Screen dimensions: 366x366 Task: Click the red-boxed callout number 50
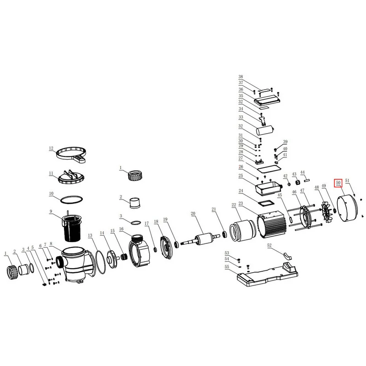click(x=339, y=183)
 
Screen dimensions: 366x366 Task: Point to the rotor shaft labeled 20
click(x=200, y=239)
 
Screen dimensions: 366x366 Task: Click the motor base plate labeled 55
click(x=268, y=274)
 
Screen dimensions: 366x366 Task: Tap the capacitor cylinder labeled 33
click(x=265, y=130)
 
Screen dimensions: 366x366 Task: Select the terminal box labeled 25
click(x=268, y=188)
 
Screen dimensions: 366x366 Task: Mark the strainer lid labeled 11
click(x=71, y=177)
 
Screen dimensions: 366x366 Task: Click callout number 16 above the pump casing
click(x=121, y=229)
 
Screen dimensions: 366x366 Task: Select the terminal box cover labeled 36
click(x=267, y=101)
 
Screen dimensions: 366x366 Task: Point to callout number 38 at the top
click(x=241, y=76)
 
